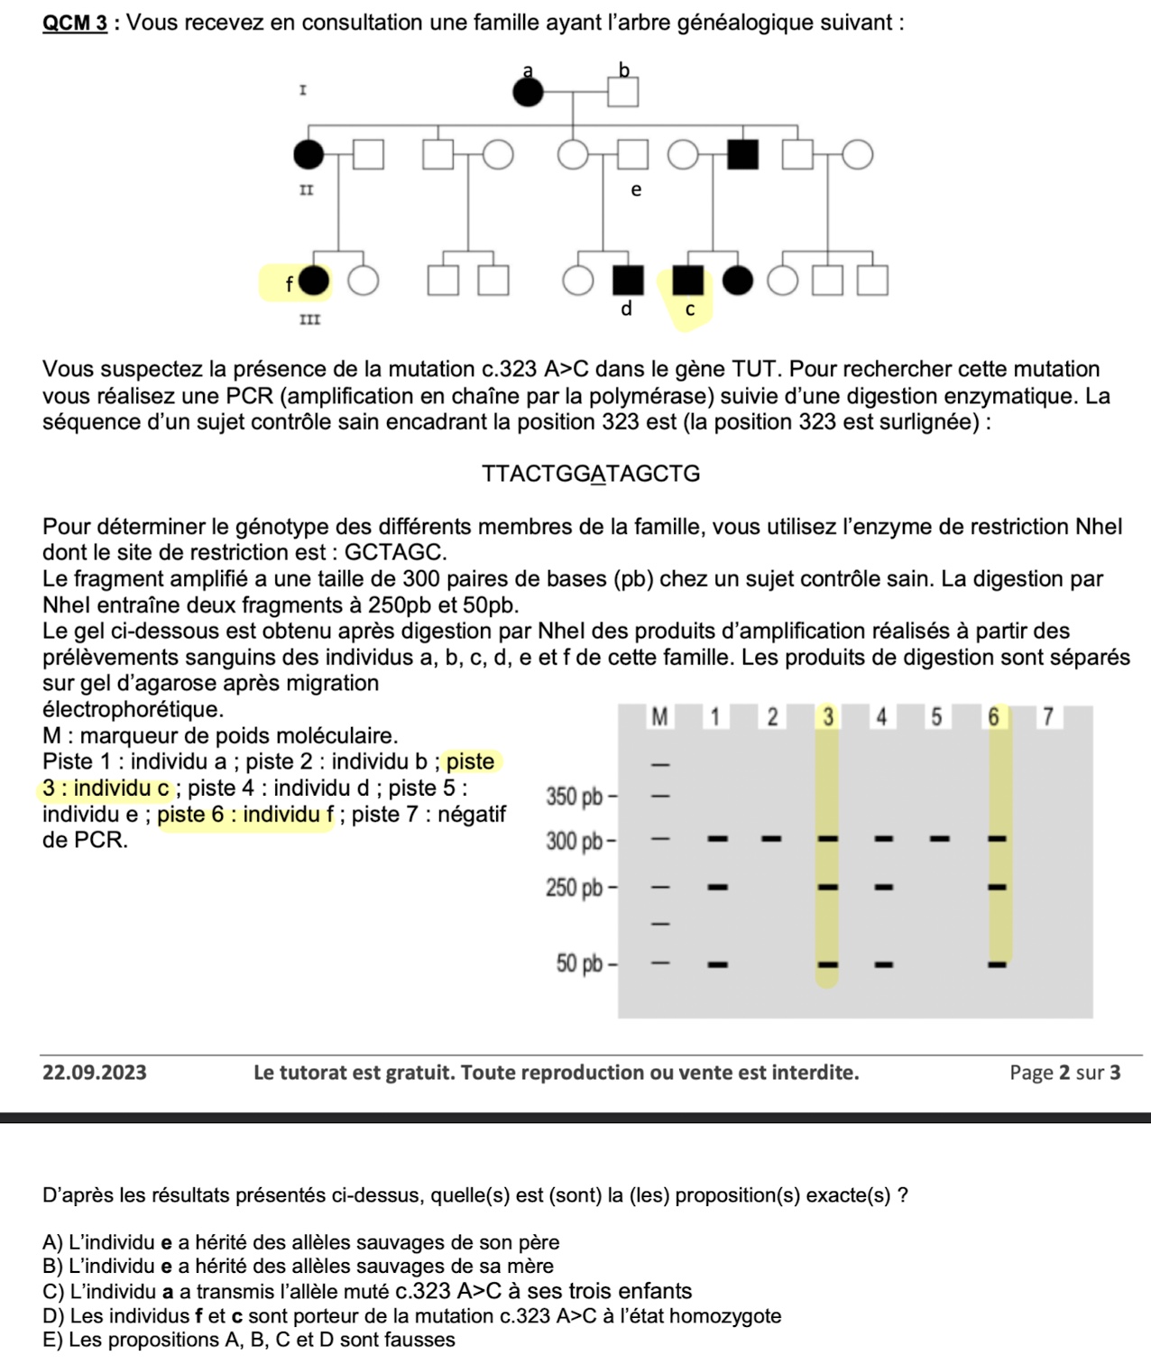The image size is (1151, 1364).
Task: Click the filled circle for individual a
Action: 529,92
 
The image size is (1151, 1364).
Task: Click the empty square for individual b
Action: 622,92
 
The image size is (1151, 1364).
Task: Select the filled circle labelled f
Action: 314,281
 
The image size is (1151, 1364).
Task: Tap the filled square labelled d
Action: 629,281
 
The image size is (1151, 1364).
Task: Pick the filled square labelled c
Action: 688,281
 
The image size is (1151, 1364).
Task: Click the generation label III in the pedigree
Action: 309,320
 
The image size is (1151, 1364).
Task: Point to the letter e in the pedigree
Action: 636,190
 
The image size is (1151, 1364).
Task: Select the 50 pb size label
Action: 579,964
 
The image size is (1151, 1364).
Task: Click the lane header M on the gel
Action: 660,718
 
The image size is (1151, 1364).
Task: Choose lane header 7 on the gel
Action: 1047,718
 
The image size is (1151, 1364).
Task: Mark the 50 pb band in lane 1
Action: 718,965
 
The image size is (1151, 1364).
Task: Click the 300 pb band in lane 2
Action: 771,839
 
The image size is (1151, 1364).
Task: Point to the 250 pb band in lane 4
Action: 884,888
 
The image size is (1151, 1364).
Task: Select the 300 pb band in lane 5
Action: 939,839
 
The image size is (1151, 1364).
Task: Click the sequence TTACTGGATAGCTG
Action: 591,475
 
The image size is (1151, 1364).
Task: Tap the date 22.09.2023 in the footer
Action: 95,1073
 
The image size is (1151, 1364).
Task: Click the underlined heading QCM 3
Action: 76,23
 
